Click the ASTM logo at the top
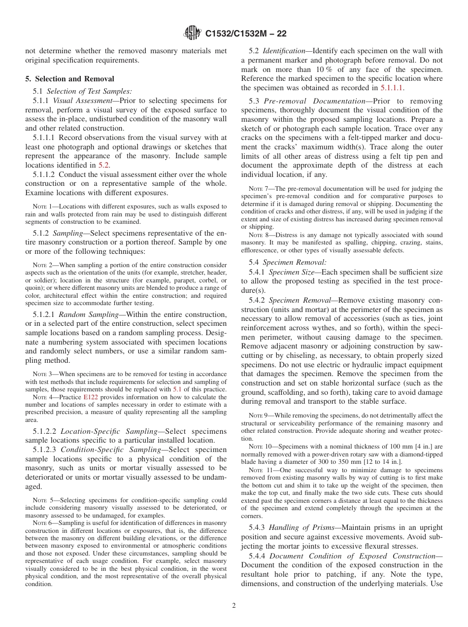tap(192, 33)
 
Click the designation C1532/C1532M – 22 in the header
tap(245, 34)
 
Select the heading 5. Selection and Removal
tap(69, 79)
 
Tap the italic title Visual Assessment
tap(83, 101)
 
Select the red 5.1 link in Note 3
tap(177, 388)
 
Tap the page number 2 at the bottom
tap(234, 606)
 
